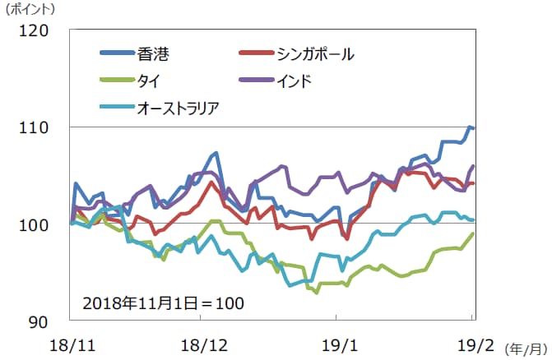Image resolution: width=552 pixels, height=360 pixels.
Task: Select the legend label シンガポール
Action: click(x=317, y=54)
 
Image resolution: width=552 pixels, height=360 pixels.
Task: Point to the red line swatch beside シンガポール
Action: click(x=257, y=54)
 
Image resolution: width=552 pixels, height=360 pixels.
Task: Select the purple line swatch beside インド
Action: click(x=257, y=81)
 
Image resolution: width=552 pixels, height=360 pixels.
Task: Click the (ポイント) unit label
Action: click(x=30, y=10)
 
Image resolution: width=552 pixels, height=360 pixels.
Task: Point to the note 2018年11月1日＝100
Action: click(x=163, y=302)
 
